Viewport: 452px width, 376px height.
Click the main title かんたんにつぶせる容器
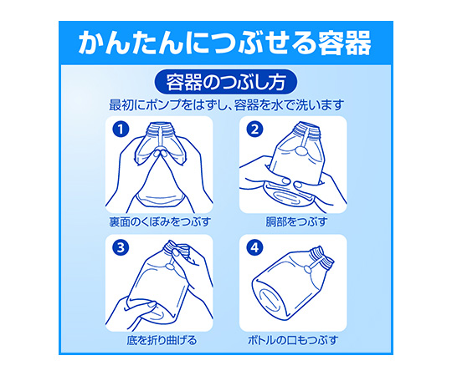click(225, 43)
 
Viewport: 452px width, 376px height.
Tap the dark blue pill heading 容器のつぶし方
click(226, 82)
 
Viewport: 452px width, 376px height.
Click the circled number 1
click(121, 130)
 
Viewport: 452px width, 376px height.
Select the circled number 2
click(254, 130)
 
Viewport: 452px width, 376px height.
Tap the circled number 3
click(121, 247)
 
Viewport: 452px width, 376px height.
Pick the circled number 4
click(254, 247)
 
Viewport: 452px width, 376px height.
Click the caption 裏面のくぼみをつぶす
click(160, 221)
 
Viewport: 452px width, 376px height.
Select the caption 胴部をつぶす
click(296, 221)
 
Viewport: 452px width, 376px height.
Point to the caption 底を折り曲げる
click(162, 340)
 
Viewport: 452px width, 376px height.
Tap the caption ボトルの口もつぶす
click(293, 340)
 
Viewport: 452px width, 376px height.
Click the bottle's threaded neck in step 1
click(161, 129)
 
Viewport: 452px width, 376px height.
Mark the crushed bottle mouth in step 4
click(322, 256)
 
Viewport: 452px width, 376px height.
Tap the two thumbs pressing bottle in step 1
click(161, 154)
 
